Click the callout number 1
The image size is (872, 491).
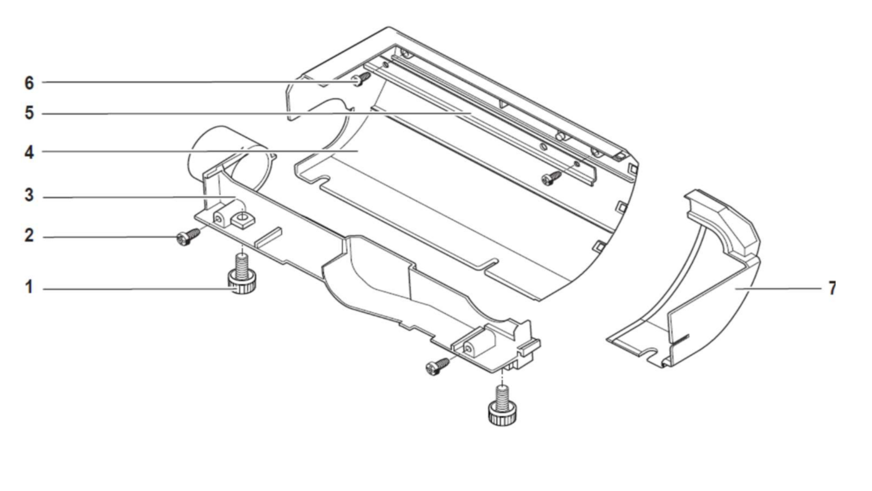[x=29, y=287]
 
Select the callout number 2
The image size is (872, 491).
[x=29, y=236]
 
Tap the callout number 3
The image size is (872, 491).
[x=29, y=195]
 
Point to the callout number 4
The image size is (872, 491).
[x=29, y=152]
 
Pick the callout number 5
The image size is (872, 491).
[x=29, y=113]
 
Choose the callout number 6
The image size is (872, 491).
[x=29, y=83]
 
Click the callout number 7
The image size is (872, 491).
[x=832, y=288]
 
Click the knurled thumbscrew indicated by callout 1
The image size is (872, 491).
[x=242, y=275]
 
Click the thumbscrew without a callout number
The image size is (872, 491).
[x=502, y=406]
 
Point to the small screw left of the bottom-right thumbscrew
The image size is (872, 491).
[x=437, y=366]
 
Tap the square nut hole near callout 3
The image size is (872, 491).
[x=242, y=219]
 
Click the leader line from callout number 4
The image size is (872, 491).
[x=200, y=151]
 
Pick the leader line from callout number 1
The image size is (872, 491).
[x=137, y=289]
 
